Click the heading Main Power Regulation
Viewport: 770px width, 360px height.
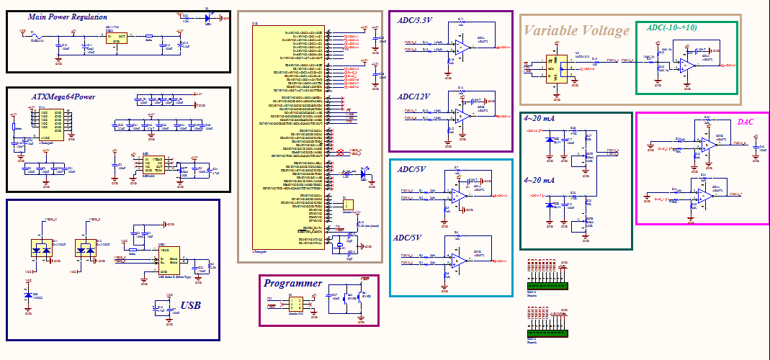(68, 17)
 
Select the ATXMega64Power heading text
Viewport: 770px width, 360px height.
(63, 96)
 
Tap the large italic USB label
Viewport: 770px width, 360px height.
(190, 305)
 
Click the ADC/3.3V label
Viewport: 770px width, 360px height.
(415, 21)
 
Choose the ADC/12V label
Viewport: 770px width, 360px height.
(413, 96)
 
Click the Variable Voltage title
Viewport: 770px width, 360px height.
(576, 30)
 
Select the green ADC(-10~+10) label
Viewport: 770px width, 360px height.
(672, 27)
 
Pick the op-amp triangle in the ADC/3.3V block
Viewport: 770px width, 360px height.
(460, 48)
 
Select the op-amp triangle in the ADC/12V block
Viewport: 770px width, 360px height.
(460, 116)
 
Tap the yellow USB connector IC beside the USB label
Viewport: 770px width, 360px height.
(170, 263)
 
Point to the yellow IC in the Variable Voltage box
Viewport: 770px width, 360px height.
(556, 67)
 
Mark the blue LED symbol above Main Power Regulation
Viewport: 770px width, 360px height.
(208, 18)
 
